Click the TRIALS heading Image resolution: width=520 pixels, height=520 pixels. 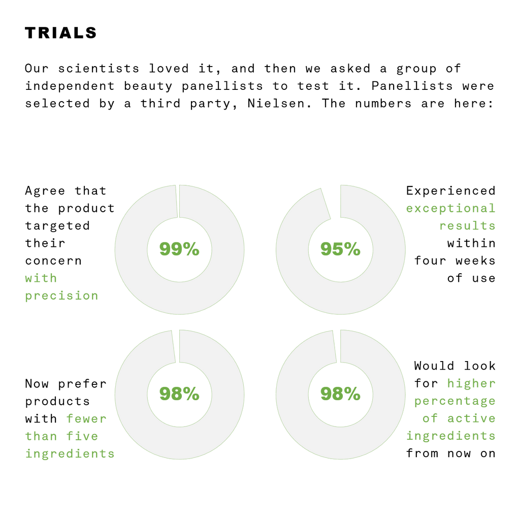point(61,33)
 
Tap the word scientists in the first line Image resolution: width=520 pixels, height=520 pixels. point(99,69)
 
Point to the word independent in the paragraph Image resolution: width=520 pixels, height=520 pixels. point(70,86)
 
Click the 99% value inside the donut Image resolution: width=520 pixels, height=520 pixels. point(179,249)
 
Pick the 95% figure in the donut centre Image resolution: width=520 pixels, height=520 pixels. point(340,249)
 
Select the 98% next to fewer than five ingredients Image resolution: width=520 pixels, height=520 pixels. point(179,394)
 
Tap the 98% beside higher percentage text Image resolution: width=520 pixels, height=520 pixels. point(340,394)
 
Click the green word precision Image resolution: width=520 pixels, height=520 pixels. point(61,296)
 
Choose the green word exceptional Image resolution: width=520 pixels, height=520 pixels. point(451,208)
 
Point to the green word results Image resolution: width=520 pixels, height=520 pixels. point(467,226)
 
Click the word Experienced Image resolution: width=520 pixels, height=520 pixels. point(451,191)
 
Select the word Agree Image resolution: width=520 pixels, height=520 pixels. point(45,191)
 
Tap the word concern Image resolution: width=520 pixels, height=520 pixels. point(53,261)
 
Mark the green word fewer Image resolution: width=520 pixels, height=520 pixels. point(86,418)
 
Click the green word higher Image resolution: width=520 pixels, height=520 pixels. point(471,383)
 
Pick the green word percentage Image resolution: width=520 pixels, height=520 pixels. point(454,401)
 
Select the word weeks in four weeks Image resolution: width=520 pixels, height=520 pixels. point(475,261)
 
